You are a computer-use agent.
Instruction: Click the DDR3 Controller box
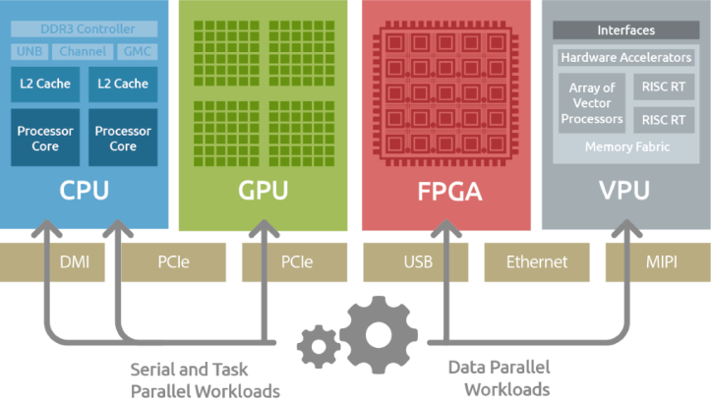pyautogui.click(x=84, y=29)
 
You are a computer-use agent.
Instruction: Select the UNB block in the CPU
pyautogui.click(x=31, y=51)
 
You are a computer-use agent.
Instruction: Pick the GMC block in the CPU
pyautogui.click(x=136, y=51)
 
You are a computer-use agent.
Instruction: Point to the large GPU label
pyautogui.click(x=263, y=190)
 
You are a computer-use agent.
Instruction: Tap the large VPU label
pyautogui.click(x=624, y=190)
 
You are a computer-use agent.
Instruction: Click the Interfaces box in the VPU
pyautogui.click(x=625, y=30)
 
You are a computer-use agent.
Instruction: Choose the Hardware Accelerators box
pyautogui.click(x=625, y=58)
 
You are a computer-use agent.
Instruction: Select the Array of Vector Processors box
pyautogui.click(x=592, y=103)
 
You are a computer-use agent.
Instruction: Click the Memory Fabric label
pyautogui.click(x=626, y=147)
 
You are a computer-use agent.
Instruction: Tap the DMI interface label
pyautogui.click(x=75, y=262)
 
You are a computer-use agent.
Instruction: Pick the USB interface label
pyautogui.click(x=418, y=262)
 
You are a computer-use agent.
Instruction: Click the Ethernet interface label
pyautogui.click(x=536, y=262)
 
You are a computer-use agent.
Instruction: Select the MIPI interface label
pyautogui.click(x=661, y=262)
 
